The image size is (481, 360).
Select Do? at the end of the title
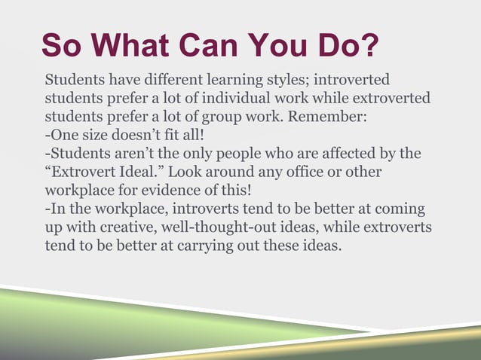tap(347, 46)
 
